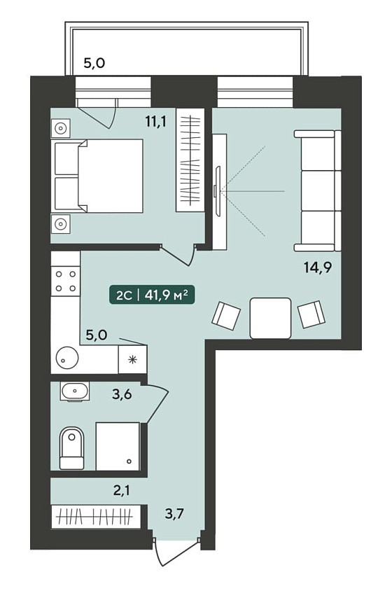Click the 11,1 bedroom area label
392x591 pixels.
(x=155, y=121)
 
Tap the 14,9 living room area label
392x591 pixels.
(x=318, y=267)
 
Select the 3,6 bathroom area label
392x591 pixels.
(x=122, y=394)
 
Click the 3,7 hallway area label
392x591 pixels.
(x=174, y=513)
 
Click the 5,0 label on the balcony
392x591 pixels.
(x=94, y=63)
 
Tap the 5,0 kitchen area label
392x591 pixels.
(x=97, y=335)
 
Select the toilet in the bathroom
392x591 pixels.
(x=71, y=448)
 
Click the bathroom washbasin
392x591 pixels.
(x=75, y=391)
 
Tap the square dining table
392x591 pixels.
(x=270, y=318)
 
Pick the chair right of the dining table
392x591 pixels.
(x=312, y=314)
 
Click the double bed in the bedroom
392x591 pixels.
(x=99, y=176)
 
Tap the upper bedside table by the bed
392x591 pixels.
(x=60, y=129)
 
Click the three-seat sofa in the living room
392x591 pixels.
(x=318, y=190)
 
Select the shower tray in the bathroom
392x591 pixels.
(x=118, y=446)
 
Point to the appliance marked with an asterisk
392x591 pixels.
(x=132, y=359)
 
